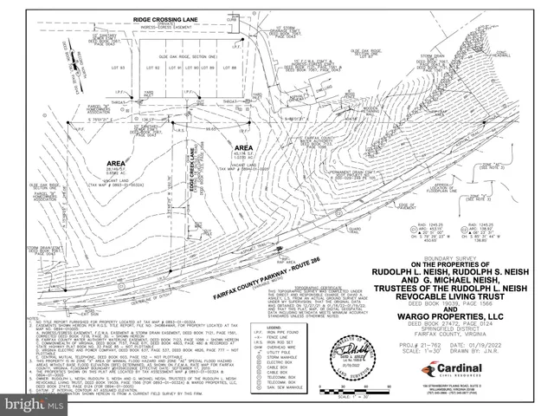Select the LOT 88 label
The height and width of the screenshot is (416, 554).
click(x=230, y=67)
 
